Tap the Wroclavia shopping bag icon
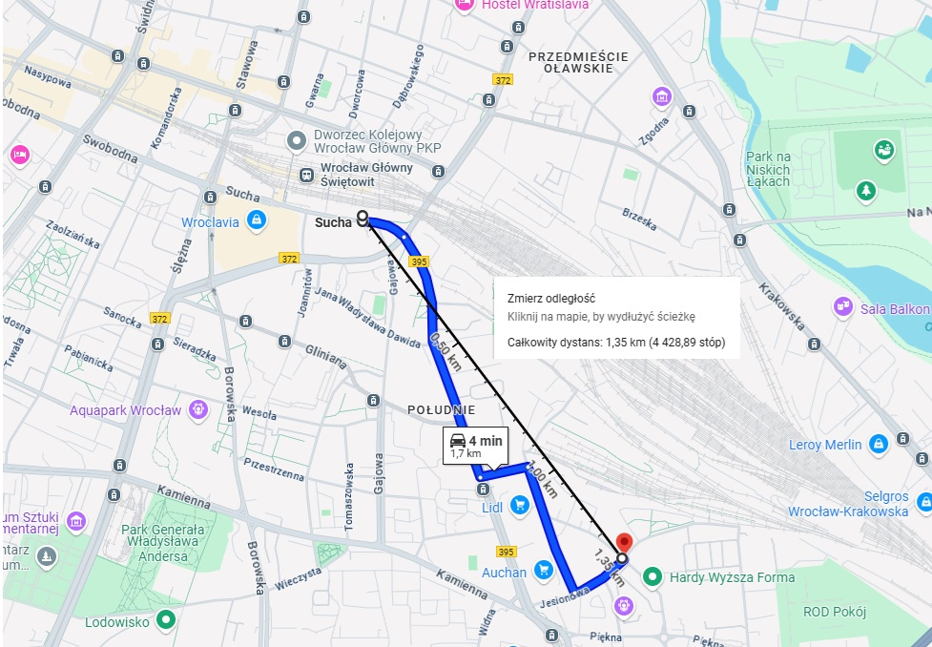256,221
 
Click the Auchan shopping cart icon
544,571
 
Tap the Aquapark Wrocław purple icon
197,410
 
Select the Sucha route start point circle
362,217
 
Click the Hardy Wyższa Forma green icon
652,576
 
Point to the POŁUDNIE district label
441,409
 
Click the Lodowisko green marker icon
166,619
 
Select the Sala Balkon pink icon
842,307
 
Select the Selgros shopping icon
922,500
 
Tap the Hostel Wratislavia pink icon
465,4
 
